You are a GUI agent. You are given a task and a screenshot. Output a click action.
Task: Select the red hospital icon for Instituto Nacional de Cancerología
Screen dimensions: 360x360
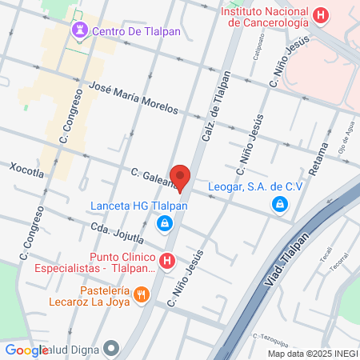coord(322,14)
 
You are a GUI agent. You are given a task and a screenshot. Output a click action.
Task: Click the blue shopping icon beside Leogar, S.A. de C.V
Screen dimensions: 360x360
coord(279,204)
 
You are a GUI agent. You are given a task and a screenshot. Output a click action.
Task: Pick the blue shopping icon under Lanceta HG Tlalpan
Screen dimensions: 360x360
coord(165,223)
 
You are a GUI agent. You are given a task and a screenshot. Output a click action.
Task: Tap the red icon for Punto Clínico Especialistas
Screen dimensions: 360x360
coord(166,260)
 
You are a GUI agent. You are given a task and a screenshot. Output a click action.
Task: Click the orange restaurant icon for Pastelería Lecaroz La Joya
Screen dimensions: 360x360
coord(142,294)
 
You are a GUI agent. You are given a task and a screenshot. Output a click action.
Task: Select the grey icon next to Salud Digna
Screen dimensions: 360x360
coord(110,348)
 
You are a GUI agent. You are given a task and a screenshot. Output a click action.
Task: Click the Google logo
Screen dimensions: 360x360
coord(26,350)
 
